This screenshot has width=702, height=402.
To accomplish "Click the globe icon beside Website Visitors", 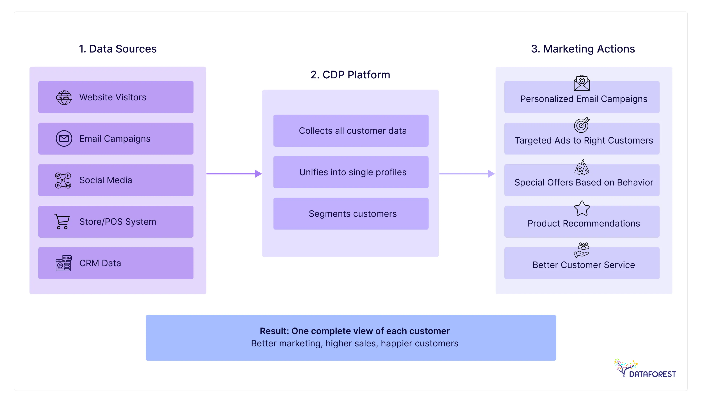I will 64,97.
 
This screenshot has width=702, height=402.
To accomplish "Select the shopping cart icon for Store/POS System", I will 62,221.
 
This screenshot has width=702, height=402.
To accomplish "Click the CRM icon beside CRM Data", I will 63,263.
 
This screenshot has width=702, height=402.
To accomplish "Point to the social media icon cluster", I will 63,180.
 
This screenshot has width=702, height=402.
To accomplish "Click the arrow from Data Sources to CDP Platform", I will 234,174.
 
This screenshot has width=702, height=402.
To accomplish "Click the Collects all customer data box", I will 351,131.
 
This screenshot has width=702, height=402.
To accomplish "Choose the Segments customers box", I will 351,214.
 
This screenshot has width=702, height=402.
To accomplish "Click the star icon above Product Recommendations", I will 582,208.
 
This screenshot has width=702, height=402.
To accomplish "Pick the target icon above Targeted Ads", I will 581,125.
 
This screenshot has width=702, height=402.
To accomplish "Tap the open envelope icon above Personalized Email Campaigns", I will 582,83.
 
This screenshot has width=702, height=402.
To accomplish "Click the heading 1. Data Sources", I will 118,49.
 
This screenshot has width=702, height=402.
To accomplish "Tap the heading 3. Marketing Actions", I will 583,49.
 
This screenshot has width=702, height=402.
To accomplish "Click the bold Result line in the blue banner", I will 355,331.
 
